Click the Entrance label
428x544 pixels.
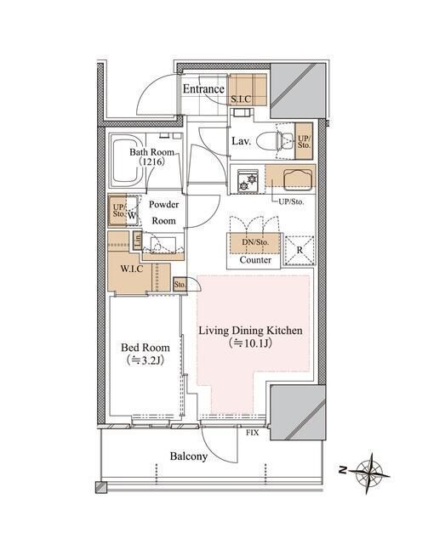click(203, 88)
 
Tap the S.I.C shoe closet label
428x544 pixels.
click(241, 99)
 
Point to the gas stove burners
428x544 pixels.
click(248, 180)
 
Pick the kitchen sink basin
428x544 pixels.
click(297, 179)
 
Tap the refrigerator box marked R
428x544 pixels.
click(300, 251)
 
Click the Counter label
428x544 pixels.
click(255, 260)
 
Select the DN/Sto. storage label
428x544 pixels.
click(255, 242)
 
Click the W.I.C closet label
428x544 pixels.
click(132, 269)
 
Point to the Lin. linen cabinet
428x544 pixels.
click(138, 240)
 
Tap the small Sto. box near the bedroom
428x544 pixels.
click(180, 285)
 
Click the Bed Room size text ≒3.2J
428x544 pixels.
click(146, 360)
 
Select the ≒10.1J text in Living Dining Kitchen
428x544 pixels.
click(250, 343)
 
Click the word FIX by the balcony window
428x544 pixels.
click(252, 433)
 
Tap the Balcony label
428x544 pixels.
click(189, 456)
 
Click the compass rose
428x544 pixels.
click(369, 473)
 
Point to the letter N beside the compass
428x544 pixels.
click(343, 470)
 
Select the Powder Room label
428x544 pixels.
click(163, 212)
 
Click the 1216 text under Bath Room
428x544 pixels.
click(151, 161)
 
